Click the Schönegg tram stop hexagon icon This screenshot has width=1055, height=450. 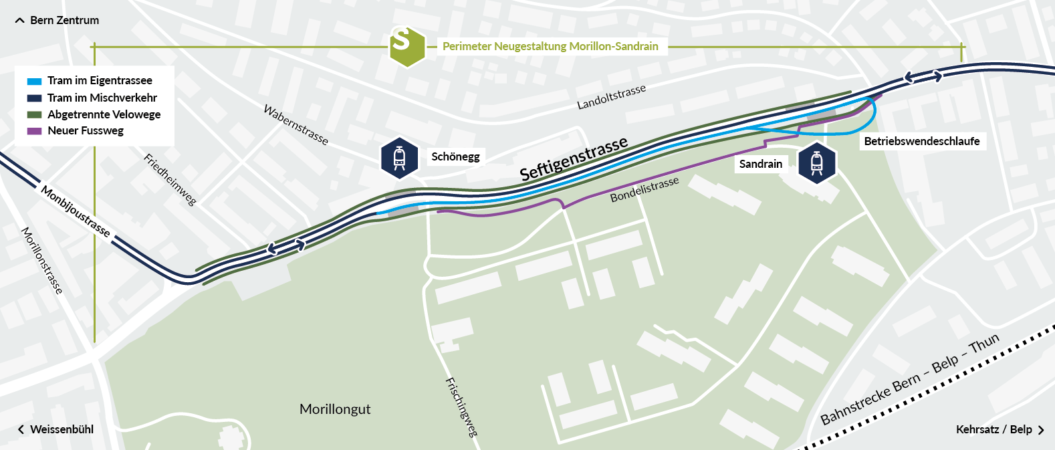pos(399,158)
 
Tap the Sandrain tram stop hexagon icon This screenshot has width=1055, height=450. pos(816,162)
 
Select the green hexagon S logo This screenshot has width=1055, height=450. pos(407,46)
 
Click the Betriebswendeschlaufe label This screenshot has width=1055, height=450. pos(921,141)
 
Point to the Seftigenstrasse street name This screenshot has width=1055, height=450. pos(574,158)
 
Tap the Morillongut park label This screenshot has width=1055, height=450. pos(334,409)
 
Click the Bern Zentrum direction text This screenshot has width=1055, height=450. pos(64,20)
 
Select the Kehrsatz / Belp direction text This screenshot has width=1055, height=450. pos(993,429)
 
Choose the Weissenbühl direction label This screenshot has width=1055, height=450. pos(62,429)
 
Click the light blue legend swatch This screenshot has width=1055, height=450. pos(34,81)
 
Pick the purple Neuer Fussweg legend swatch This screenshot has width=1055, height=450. pos(34,131)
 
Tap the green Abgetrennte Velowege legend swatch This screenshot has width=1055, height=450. pos(34,114)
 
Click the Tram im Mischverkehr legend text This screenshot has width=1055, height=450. pos(102,98)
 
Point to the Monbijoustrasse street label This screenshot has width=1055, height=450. pos(76,211)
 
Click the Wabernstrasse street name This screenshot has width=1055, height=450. pos(296,125)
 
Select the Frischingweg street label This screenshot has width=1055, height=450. pos(461,407)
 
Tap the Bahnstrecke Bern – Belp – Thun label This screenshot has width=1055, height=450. pos(909,379)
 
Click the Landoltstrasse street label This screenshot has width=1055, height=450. pos(611,97)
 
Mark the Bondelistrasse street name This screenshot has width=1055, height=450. pos(644,189)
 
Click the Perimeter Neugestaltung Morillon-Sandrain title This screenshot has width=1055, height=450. pos(550,46)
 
